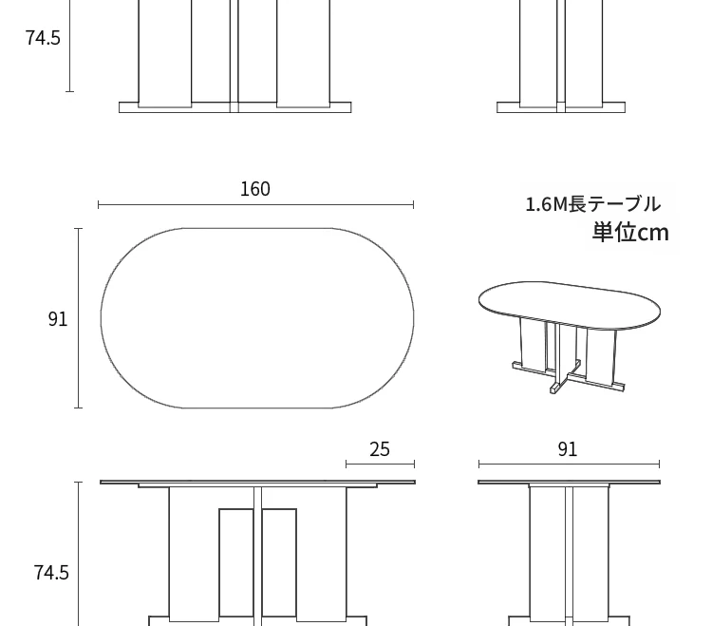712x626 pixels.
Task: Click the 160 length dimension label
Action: click(x=255, y=189)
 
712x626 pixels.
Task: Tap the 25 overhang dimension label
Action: click(x=380, y=449)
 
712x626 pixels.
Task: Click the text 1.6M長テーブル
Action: click(x=592, y=204)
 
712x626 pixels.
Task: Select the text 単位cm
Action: click(x=630, y=233)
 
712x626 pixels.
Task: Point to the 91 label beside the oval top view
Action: click(x=58, y=319)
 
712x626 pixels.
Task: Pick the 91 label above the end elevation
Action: click(x=568, y=449)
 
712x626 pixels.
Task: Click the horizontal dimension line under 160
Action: click(x=255, y=205)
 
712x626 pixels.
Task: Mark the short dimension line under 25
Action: click(x=380, y=464)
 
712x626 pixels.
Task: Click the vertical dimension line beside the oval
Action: click(x=79, y=318)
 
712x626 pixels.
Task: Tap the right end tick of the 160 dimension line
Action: click(x=413, y=205)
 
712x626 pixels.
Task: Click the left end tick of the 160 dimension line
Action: click(x=99, y=205)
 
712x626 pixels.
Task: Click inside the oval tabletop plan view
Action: click(x=257, y=318)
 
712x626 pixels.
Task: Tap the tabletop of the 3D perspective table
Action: click(x=570, y=303)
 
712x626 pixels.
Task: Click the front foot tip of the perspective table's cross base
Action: click(x=555, y=389)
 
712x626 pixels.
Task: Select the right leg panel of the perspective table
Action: click(x=600, y=356)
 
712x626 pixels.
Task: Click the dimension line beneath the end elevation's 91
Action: click(x=569, y=464)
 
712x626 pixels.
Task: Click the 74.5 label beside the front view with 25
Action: click(x=51, y=573)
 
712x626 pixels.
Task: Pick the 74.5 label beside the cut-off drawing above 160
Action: click(x=43, y=38)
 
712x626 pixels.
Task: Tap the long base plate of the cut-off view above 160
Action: click(x=235, y=107)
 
